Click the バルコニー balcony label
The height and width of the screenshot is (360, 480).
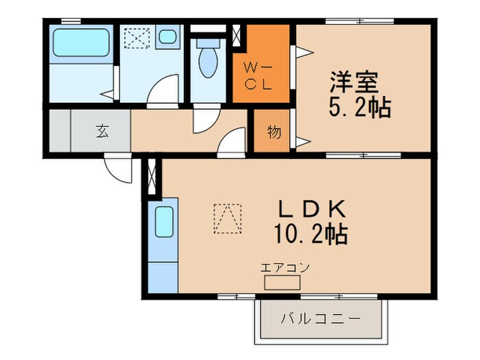click(x=320, y=319)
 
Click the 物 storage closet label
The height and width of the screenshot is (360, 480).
click(x=274, y=132)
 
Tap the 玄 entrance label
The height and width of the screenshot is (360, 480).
click(x=102, y=132)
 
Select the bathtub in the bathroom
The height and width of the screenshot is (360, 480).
click(x=83, y=43)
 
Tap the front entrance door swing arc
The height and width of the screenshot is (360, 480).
click(x=118, y=168)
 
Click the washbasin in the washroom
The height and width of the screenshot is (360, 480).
click(x=167, y=38)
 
